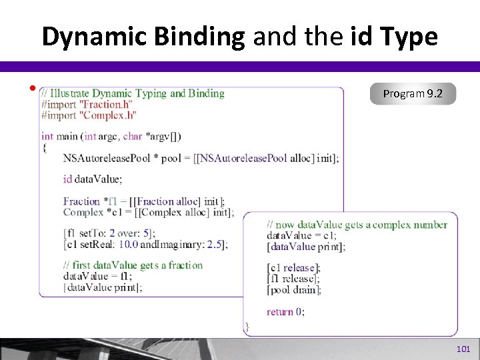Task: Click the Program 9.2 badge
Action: pyautogui.click(x=412, y=94)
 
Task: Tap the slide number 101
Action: pyautogui.click(x=463, y=349)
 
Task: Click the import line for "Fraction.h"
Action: pyautogui.click(x=87, y=105)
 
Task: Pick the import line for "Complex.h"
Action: pyautogui.click(x=89, y=115)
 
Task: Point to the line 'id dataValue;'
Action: pyautogui.click(x=93, y=179)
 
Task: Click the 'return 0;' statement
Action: pyautogui.click(x=285, y=311)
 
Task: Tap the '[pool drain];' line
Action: pyautogui.click(x=294, y=289)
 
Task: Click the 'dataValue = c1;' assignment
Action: pyautogui.click(x=301, y=235)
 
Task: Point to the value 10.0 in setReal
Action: pyautogui.click(x=131, y=244)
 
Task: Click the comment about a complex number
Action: pyautogui.click(x=357, y=225)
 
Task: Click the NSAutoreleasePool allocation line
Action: pyautogui.click(x=201, y=158)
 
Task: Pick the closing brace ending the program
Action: pyautogui.click(x=247, y=327)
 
